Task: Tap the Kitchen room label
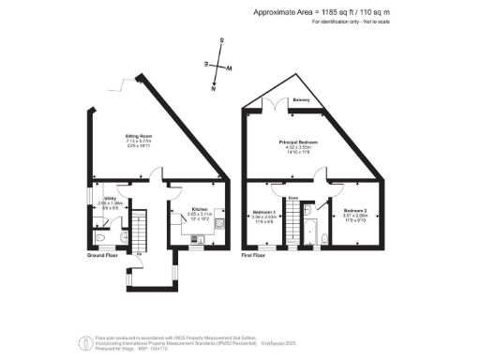(x=200, y=209)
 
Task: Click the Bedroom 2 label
(x=354, y=210)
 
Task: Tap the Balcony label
(x=302, y=98)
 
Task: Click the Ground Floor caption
(x=102, y=255)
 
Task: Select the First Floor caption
(x=253, y=255)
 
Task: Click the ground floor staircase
(x=140, y=230)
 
